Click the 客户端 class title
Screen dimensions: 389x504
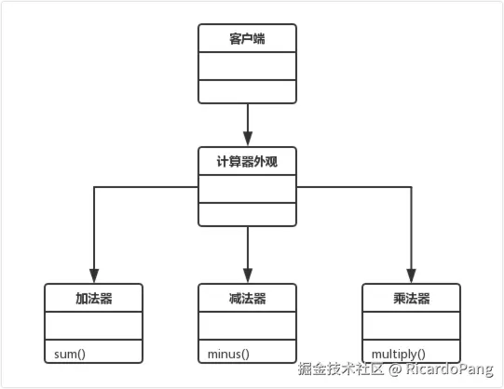[248, 39]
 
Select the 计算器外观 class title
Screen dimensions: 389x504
[248, 160]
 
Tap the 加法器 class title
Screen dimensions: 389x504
[94, 299]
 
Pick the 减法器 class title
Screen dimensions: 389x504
[248, 299]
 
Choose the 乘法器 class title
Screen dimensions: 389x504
[411, 299]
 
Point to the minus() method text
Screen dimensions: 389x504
[224, 354]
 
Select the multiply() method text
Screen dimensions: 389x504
[399, 354]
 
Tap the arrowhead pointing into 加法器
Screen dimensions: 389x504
[94, 276]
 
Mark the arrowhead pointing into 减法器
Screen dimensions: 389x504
[248, 276]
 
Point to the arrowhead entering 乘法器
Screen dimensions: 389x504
[411, 276]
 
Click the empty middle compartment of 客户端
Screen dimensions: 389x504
[248, 67]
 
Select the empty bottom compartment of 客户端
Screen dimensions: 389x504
[248, 91]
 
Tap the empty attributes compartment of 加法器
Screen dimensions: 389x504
[94, 327]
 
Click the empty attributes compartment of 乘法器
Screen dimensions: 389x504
[411, 327]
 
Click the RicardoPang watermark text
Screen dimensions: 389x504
[450, 370]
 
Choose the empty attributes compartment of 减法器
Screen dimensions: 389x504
[248, 327]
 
